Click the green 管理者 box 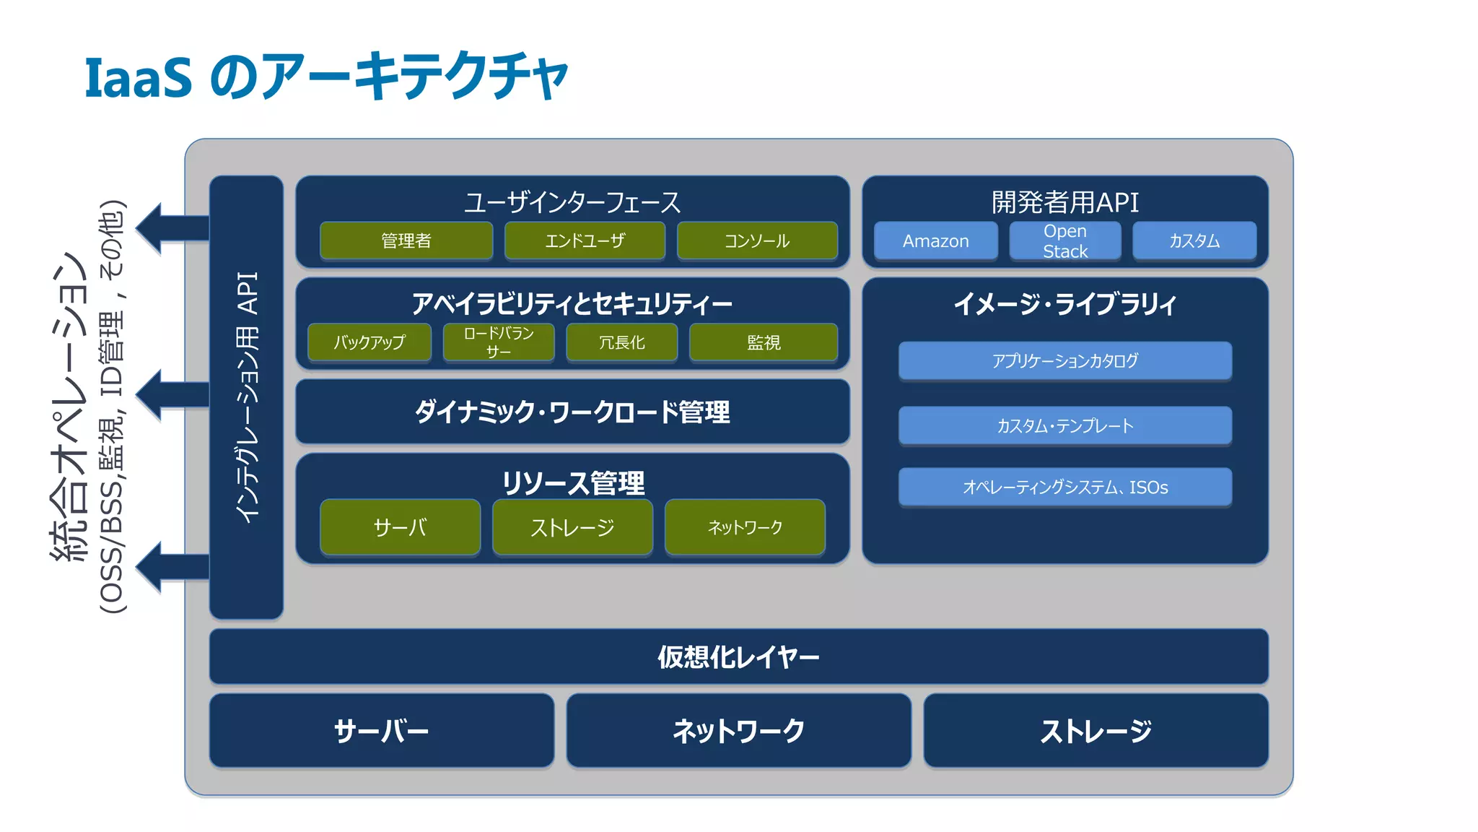406,240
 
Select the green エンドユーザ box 585,240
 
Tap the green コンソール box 757,240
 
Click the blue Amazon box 935,240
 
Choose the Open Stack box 1065,240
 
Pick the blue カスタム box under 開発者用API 1194,240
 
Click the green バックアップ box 369,342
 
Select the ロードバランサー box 499,342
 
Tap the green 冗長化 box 622,342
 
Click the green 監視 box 764,342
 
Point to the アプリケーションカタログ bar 1064,360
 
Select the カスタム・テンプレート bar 1064,425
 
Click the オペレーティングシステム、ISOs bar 1064,487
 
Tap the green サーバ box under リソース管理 400,527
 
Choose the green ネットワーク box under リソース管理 745,527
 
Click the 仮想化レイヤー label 738,657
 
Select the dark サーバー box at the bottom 381,731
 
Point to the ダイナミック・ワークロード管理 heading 572,412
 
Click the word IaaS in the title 139,77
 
